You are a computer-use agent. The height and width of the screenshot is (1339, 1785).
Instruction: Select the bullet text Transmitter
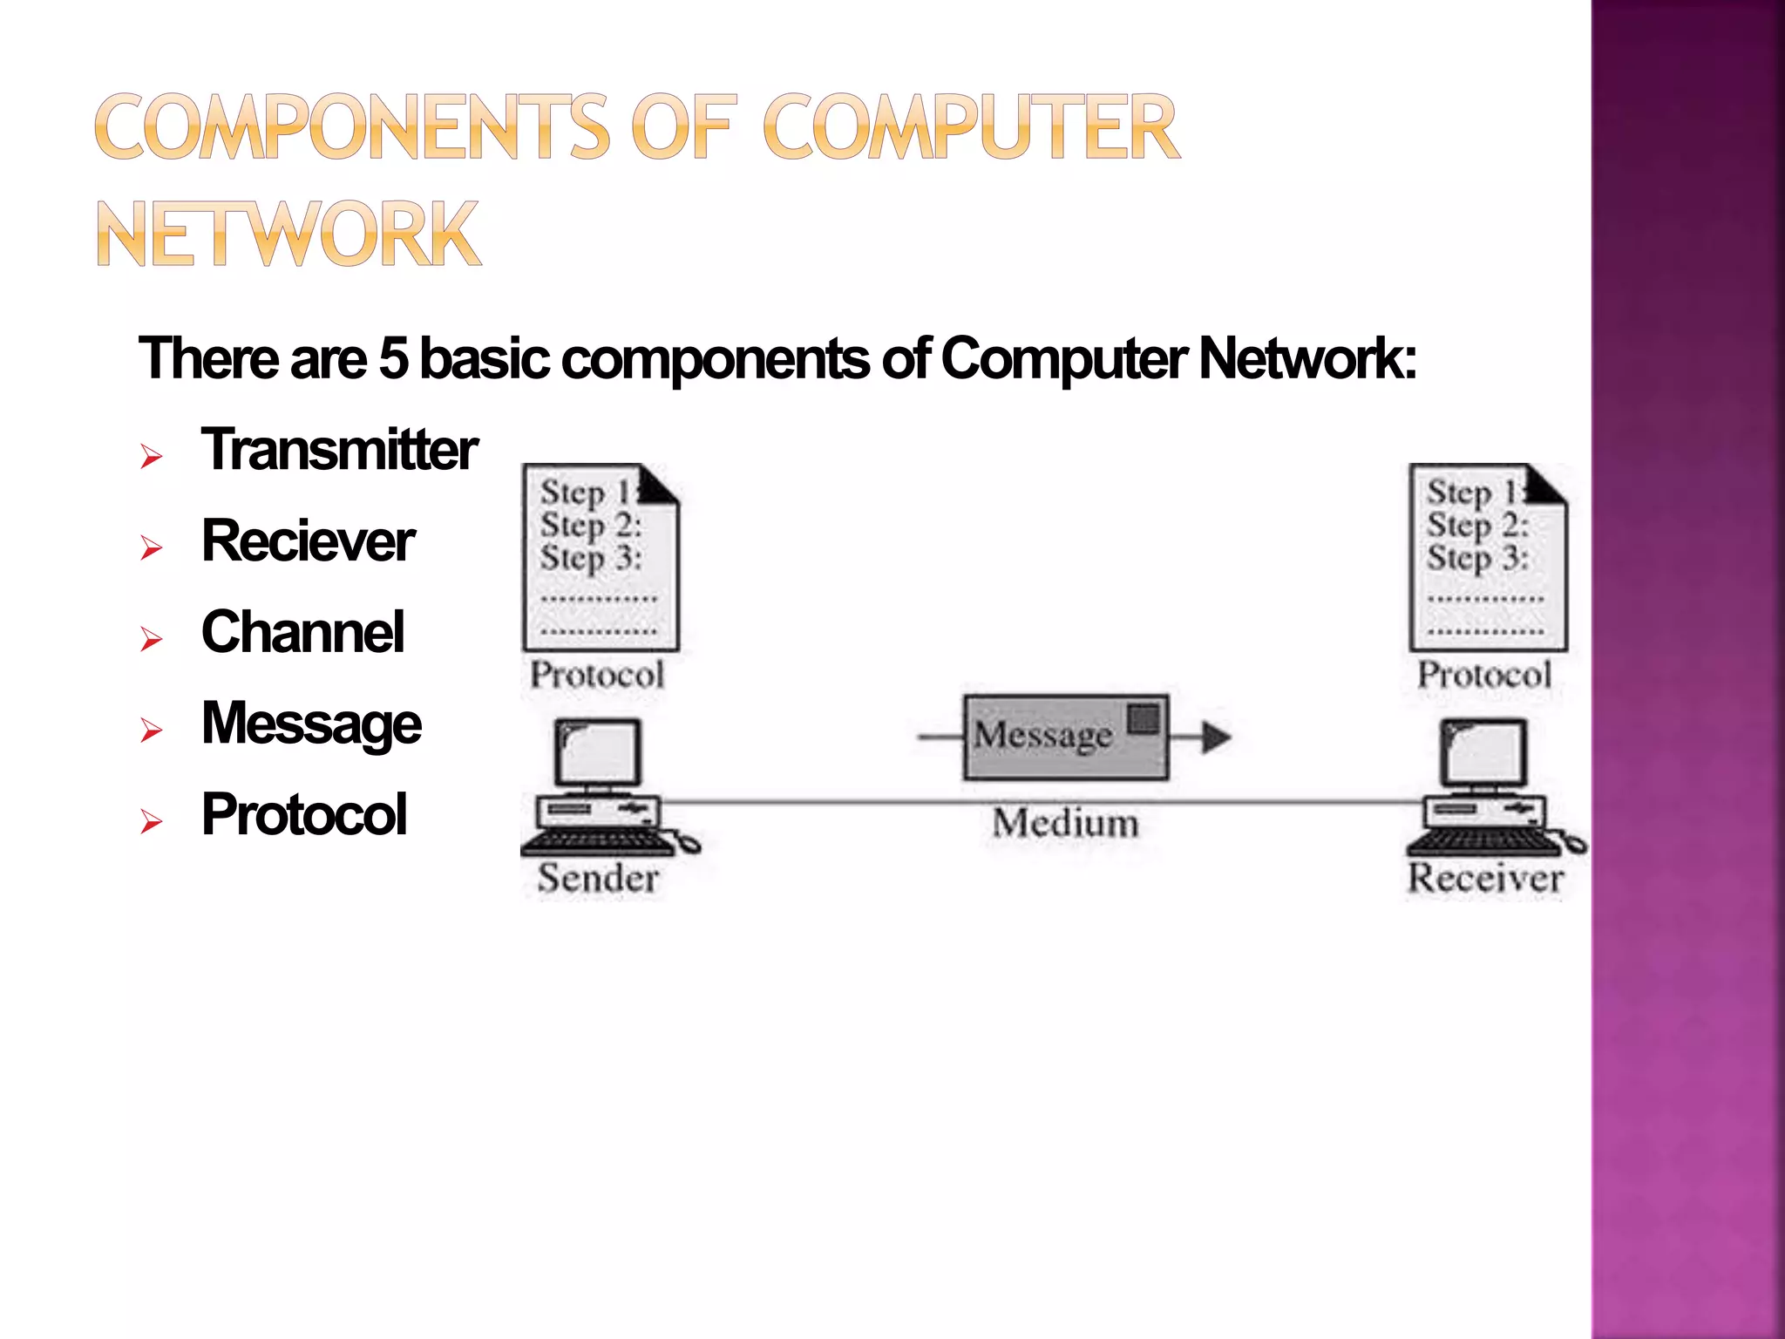(x=339, y=450)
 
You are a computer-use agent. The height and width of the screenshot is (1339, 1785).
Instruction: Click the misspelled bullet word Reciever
(x=308, y=541)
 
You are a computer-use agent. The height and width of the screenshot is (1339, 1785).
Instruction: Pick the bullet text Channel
(x=302, y=632)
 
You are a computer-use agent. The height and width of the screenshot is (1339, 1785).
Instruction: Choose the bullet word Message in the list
(x=311, y=724)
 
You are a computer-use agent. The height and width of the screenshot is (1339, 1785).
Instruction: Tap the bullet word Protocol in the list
(x=303, y=815)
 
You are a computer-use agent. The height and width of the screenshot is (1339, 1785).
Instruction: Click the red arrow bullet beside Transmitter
(x=152, y=456)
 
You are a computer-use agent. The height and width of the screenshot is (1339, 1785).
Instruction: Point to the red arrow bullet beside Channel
(x=152, y=639)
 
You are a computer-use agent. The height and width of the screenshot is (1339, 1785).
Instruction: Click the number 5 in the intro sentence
(x=393, y=358)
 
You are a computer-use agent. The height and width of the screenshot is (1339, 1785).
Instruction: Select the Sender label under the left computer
(x=598, y=878)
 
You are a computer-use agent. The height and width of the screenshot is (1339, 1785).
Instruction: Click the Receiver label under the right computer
(x=1486, y=878)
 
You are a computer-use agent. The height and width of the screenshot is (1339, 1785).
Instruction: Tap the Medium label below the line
(x=1065, y=823)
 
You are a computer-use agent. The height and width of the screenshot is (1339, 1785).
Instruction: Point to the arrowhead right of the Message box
(x=1215, y=737)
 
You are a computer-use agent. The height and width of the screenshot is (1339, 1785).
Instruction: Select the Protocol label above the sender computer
(x=597, y=675)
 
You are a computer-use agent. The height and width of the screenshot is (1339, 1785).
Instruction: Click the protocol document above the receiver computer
(x=1488, y=558)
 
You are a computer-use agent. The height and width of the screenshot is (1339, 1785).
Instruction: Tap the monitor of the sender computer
(x=598, y=751)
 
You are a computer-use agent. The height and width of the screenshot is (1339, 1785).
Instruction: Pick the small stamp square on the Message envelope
(x=1144, y=719)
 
